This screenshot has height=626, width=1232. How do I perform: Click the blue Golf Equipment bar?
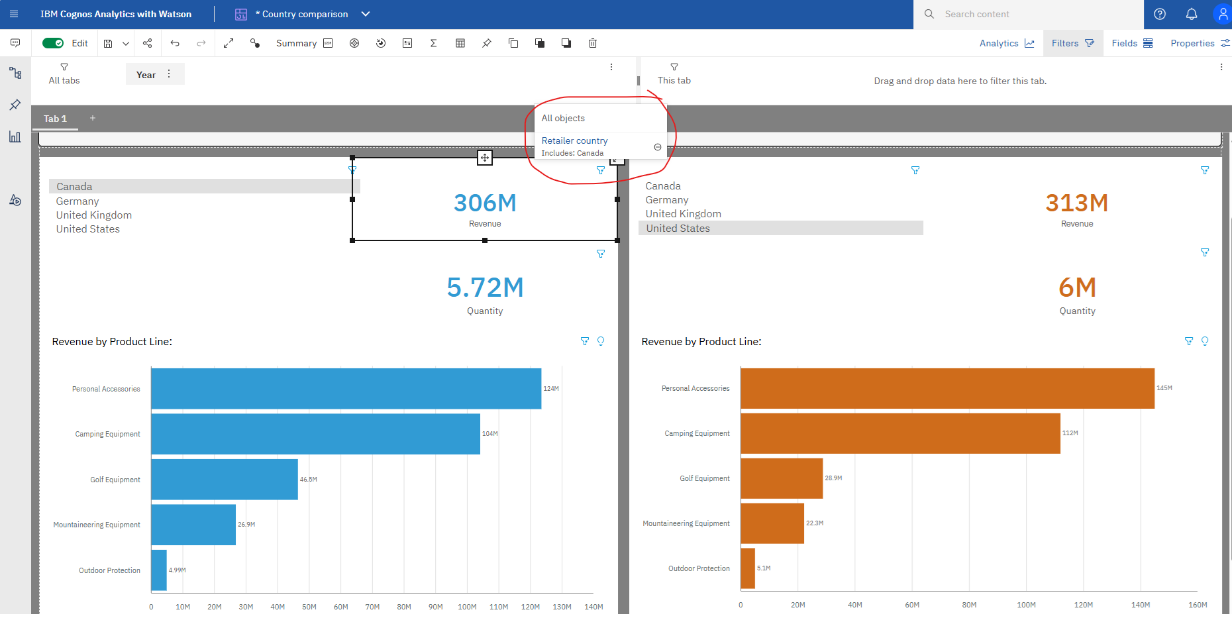tap(225, 479)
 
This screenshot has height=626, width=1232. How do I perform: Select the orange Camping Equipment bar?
tap(901, 433)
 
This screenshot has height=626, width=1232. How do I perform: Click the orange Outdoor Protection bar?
tap(748, 568)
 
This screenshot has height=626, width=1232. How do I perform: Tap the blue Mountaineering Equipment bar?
tap(193, 525)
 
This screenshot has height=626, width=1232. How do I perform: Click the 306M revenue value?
tap(485, 203)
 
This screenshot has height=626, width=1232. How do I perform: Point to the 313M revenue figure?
tap(1077, 203)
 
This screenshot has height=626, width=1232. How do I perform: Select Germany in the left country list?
tap(77, 201)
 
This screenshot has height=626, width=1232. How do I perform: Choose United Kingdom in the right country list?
tap(684, 214)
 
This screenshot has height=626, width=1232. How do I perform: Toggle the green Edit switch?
tap(53, 43)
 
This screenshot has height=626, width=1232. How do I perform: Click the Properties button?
tap(1200, 43)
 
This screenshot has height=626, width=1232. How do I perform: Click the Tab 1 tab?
tap(55, 119)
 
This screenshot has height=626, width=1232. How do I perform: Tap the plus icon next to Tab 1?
tap(93, 118)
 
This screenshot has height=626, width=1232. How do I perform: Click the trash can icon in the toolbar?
tap(593, 43)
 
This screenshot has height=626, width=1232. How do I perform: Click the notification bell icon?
tap(1191, 14)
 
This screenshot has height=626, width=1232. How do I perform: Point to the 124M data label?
tap(551, 389)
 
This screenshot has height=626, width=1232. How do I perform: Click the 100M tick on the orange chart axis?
tap(1026, 605)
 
